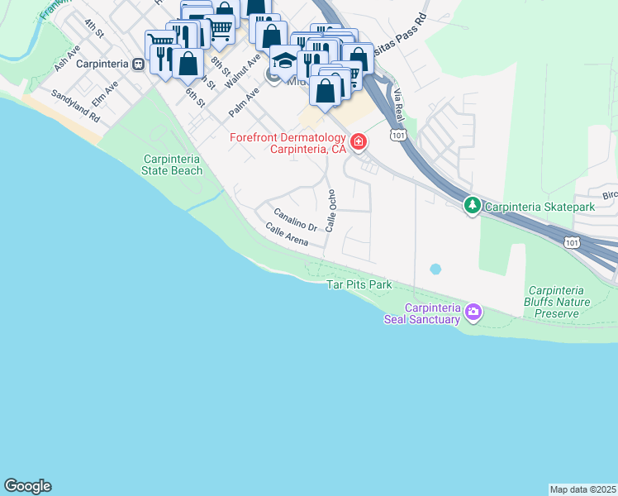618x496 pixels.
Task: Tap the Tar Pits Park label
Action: coord(359,284)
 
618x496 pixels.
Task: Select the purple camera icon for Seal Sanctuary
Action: coord(473,312)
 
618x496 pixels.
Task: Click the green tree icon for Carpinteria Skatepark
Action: coord(472,204)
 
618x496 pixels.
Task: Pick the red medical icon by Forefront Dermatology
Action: coord(359,142)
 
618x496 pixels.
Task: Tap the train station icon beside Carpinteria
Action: coord(139,63)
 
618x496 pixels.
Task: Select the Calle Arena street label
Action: coord(287,235)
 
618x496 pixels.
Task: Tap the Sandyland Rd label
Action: coord(75,107)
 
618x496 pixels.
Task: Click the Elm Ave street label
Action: coord(105,92)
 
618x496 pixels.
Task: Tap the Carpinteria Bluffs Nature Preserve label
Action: coord(568,303)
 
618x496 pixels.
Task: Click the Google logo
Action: coord(28,486)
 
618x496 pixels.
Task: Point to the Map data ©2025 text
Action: coord(582,489)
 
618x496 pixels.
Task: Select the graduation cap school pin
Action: coord(283,62)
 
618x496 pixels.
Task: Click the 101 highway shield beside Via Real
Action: coord(399,134)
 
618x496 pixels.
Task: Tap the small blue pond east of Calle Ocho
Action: coord(435,269)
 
